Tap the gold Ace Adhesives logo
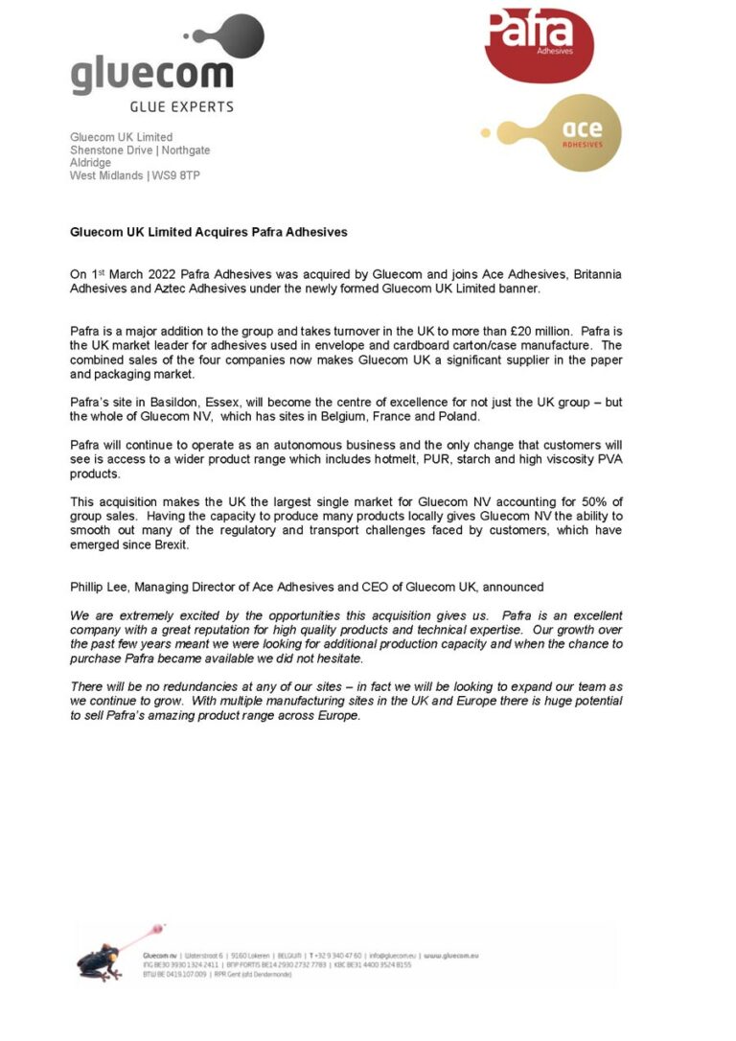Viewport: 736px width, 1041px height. [575, 132]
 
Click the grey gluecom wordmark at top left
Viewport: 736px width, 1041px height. [150, 75]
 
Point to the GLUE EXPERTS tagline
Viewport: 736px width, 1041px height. [181, 106]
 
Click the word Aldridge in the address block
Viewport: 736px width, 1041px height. [90, 163]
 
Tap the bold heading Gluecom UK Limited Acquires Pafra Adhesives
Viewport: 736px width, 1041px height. [208, 232]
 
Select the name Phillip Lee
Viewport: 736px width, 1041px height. [99, 586]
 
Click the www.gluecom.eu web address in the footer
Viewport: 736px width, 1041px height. [451, 956]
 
